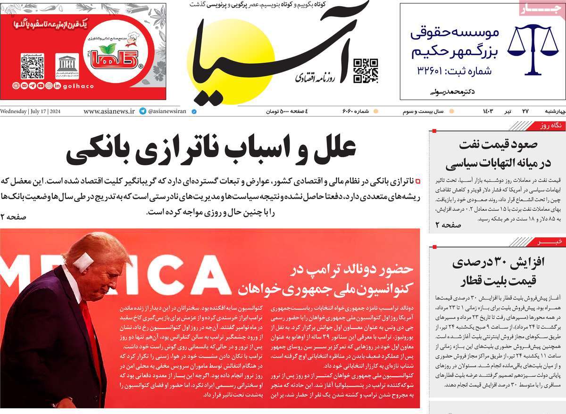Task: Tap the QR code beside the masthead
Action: coord(366,70)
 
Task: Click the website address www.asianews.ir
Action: coord(109,112)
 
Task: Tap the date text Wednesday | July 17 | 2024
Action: coord(33,112)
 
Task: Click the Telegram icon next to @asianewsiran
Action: coord(142,112)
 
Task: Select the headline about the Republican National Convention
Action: coord(326,278)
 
